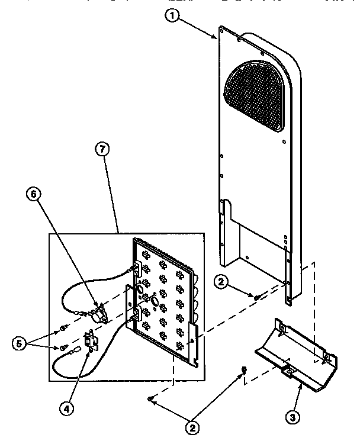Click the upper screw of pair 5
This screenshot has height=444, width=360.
[63, 327]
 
